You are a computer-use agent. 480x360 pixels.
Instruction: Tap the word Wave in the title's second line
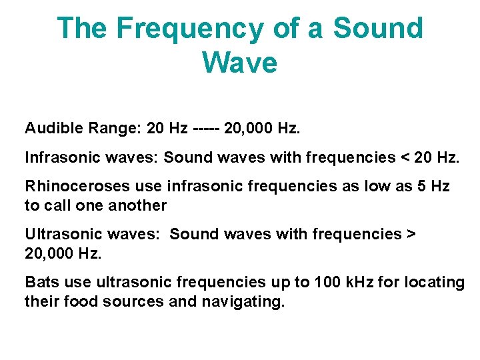(x=239, y=63)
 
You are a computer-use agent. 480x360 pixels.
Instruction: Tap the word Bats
(x=41, y=282)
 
